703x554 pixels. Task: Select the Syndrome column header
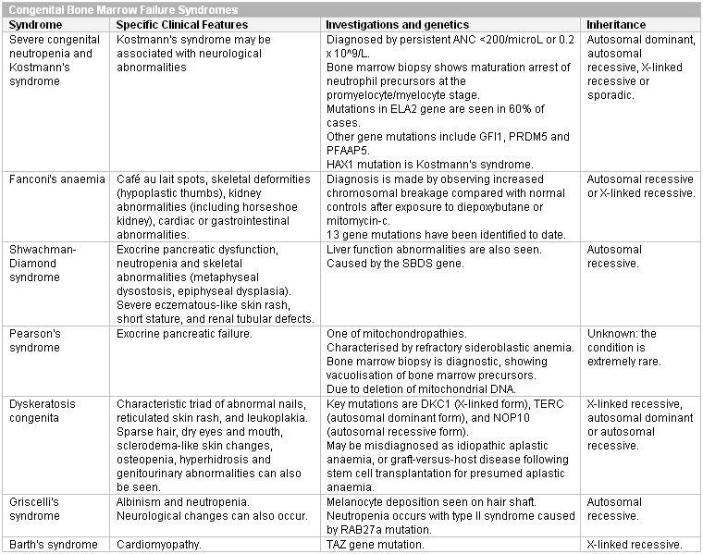pyautogui.click(x=34, y=23)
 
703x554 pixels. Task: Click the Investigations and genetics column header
pyautogui.click(x=398, y=23)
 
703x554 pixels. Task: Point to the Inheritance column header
pyautogui.click(x=619, y=23)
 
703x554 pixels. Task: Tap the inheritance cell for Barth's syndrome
pyautogui.click(x=635, y=545)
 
